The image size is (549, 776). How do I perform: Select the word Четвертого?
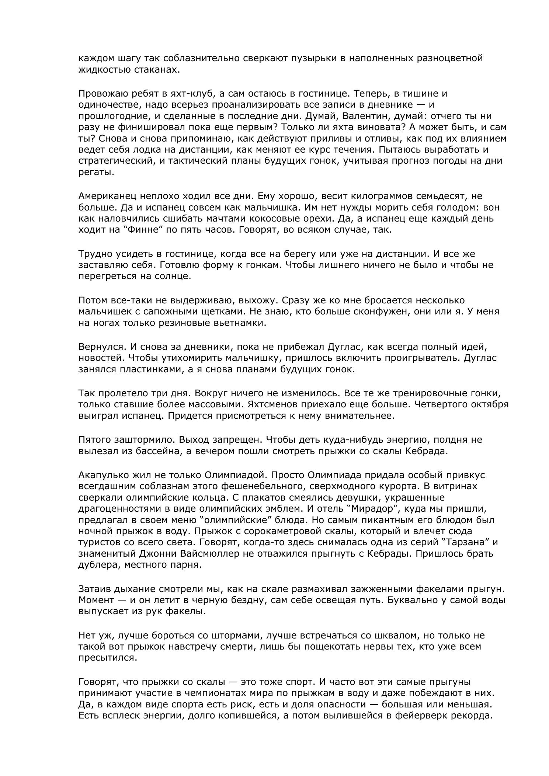438,404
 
